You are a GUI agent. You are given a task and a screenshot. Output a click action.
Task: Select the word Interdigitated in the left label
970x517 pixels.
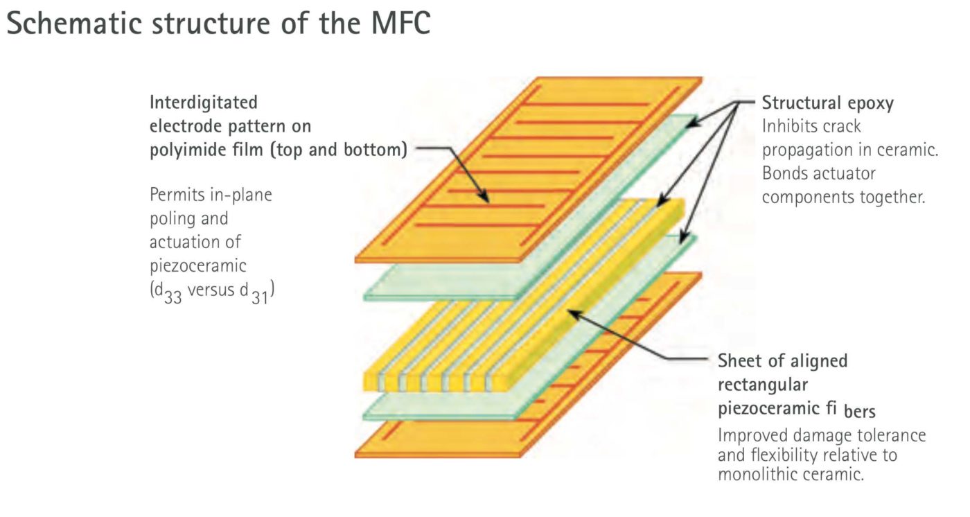204,103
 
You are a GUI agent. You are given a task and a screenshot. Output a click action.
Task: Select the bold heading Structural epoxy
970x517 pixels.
827,104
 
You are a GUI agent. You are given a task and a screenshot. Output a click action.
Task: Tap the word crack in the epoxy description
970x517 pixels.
839,128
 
